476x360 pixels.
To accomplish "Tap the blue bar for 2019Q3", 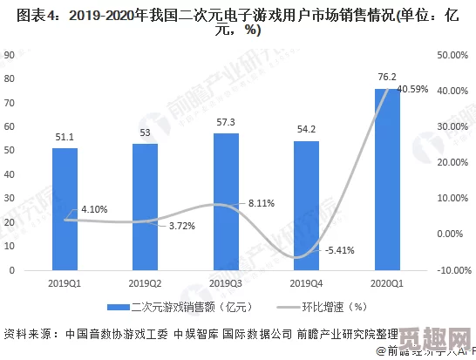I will [226, 201].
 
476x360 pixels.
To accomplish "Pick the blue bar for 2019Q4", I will [306, 205].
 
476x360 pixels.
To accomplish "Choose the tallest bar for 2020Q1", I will [387, 179].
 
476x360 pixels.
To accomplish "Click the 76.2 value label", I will [387, 77].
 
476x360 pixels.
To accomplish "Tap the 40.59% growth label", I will [412, 90].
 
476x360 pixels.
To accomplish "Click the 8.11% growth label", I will [262, 203].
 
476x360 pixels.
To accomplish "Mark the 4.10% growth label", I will [94, 210].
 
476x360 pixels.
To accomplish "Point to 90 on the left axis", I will [10, 54].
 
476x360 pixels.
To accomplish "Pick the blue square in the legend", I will [112, 307].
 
